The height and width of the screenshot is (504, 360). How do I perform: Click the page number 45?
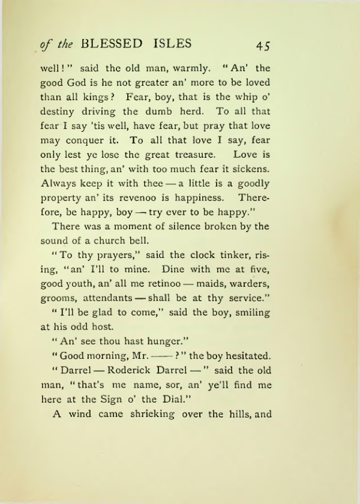[x=264, y=46]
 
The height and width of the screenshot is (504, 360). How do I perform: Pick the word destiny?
[x=59, y=112]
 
